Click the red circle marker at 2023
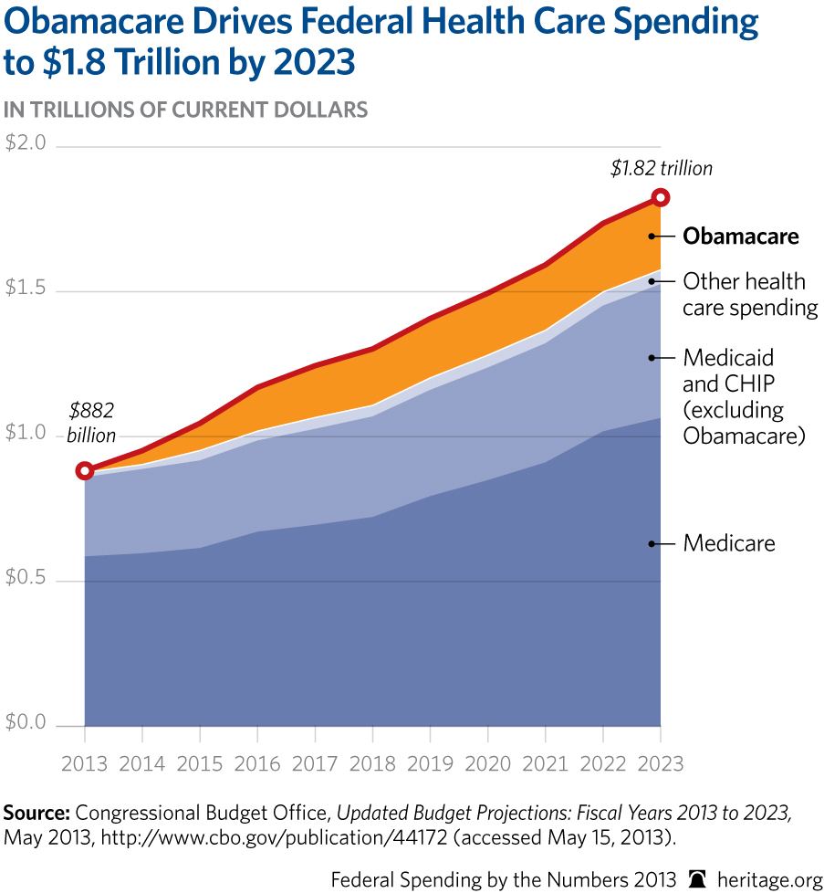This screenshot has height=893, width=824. (661, 197)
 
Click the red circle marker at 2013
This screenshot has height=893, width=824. (85, 471)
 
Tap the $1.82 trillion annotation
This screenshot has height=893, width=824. (661, 168)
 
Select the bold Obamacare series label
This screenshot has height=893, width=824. (741, 236)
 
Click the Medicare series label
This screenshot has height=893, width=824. (729, 543)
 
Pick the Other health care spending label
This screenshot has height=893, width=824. (749, 294)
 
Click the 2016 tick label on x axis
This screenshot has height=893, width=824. (257, 763)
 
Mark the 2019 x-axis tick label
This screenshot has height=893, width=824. (430, 763)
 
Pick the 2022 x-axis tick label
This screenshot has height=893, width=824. (603, 763)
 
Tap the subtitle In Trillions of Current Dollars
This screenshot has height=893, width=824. (186, 110)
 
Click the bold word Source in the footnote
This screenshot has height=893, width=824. (37, 812)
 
